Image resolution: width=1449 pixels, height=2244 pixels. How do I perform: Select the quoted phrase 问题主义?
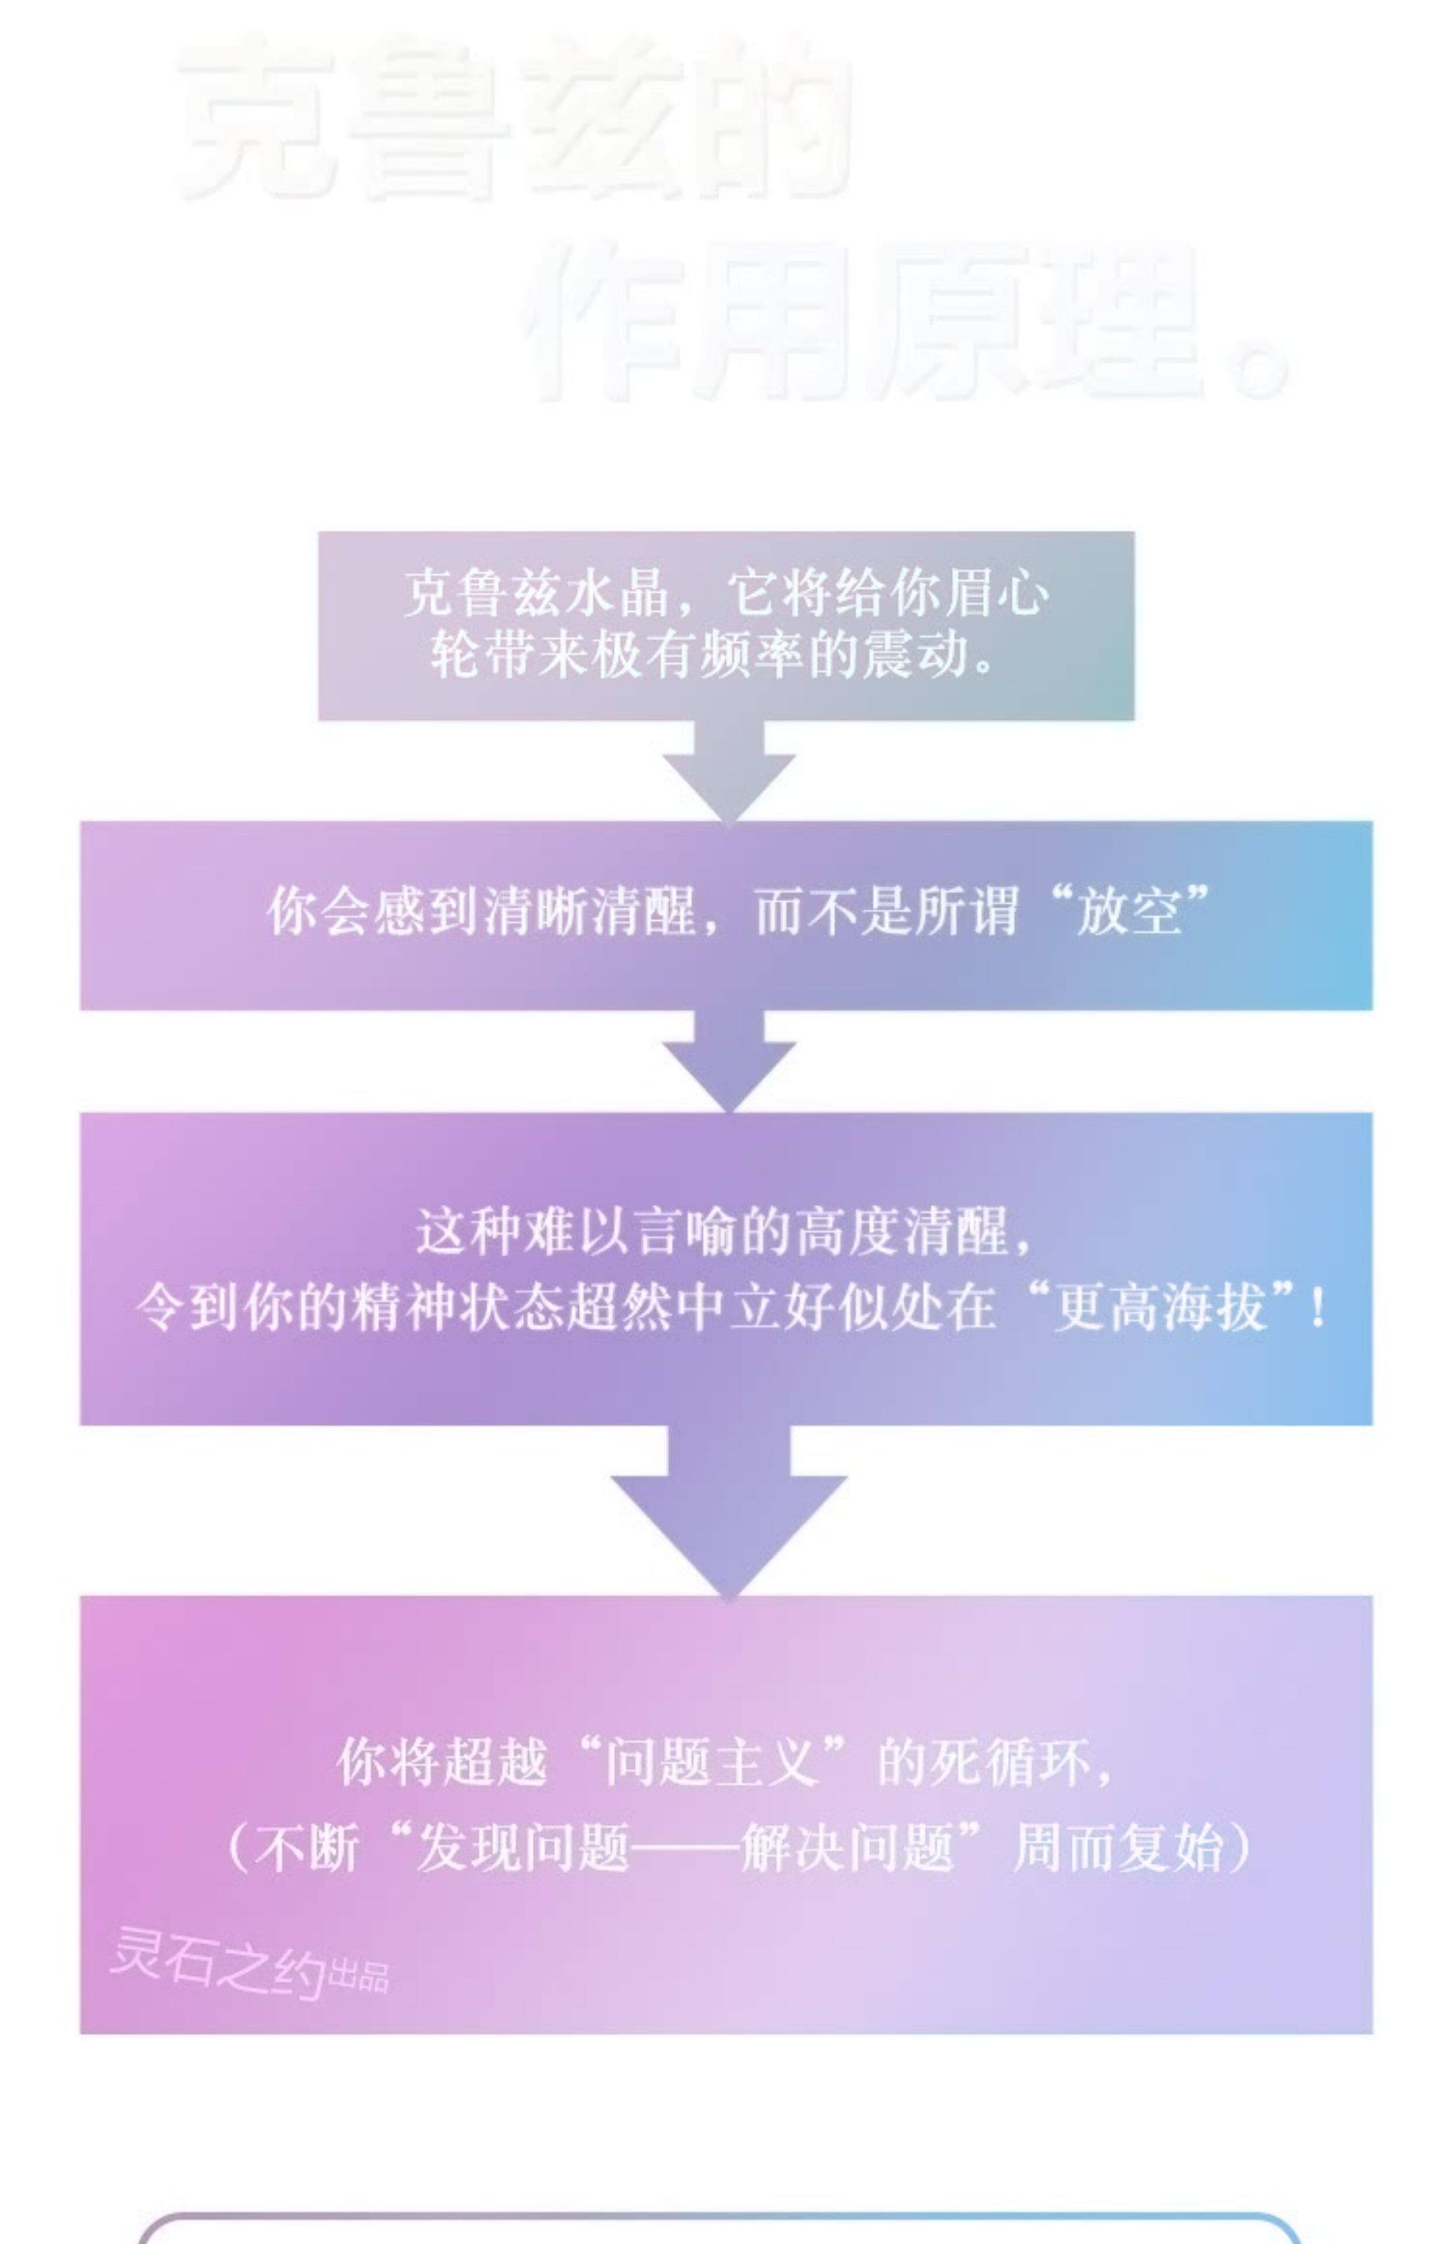pyautogui.click(x=710, y=1762)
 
